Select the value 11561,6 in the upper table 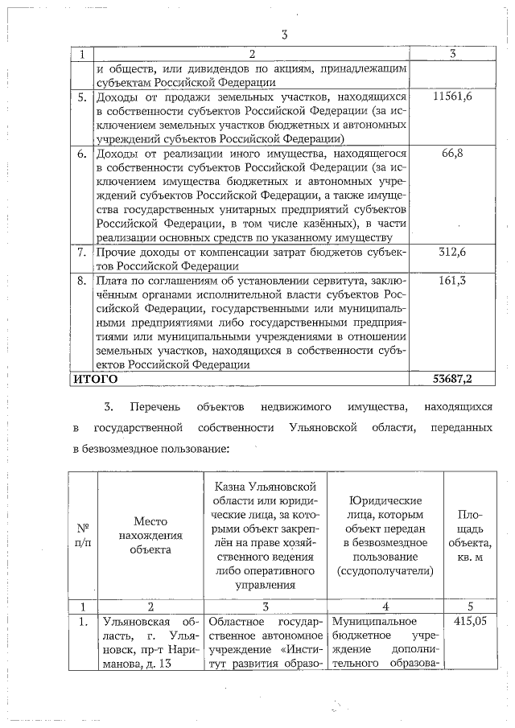(x=451, y=97)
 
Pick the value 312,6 (x=451, y=253)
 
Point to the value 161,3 (x=451, y=281)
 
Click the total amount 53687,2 (x=451, y=378)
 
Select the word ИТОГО (x=96, y=378)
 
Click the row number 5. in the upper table (x=81, y=97)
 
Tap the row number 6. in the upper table (x=81, y=153)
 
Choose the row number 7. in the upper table (x=81, y=253)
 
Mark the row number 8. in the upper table (x=81, y=281)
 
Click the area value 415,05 (x=470, y=621)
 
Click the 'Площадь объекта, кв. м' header (x=470, y=536)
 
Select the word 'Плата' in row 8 (x=112, y=281)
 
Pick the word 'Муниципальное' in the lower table (x=371, y=621)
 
